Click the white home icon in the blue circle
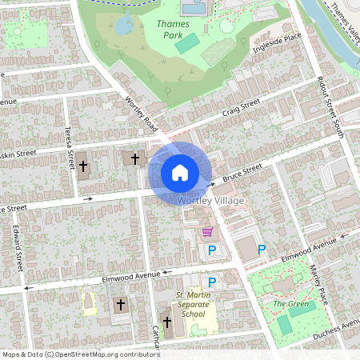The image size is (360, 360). [180, 173]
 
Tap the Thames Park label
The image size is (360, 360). [169, 30]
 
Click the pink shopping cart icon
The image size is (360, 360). [208, 232]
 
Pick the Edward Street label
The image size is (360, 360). [17, 249]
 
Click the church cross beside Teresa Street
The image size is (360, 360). [82, 166]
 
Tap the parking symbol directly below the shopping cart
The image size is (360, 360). [212, 251]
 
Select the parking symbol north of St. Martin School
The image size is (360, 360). [212, 282]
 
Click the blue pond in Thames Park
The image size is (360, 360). [124, 26]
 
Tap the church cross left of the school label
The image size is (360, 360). [167, 323]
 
